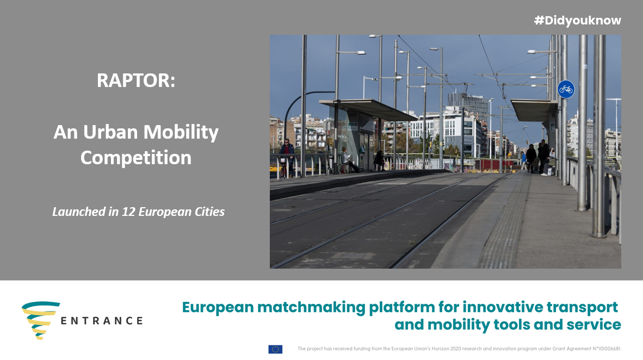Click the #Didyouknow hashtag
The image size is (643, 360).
pyautogui.click(x=577, y=20)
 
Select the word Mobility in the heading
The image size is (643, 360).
pyautogui.click(x=181, y=132)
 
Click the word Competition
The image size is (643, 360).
pyautogui.click(x=136, y=158)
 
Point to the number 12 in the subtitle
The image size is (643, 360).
pyautogui.click(x=129, y=212)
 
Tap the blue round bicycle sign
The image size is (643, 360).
pyautogui.click(x=566, y=89)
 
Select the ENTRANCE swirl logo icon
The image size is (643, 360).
pyautogui.click(x=41, y=320)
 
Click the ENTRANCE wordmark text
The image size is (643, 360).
pyautogui.click(x=102, y=321)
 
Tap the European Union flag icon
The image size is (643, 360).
pyautogui.click(x=275, y=349)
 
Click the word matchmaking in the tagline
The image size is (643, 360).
pyautogui.click(x=311, y=307)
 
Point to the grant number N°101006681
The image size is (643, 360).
pyautogui.click(x=607, y=349)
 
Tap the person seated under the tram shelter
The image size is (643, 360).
pyautogui.click(x=347, y=159)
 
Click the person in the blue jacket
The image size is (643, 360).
pyautogui.click(x=523, y=160)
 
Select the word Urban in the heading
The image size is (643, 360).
pyautogui.click(x=110, y=132)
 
